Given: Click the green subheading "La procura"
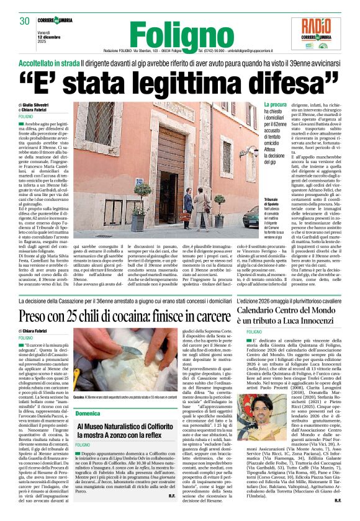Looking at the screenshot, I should tap(275, 105).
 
